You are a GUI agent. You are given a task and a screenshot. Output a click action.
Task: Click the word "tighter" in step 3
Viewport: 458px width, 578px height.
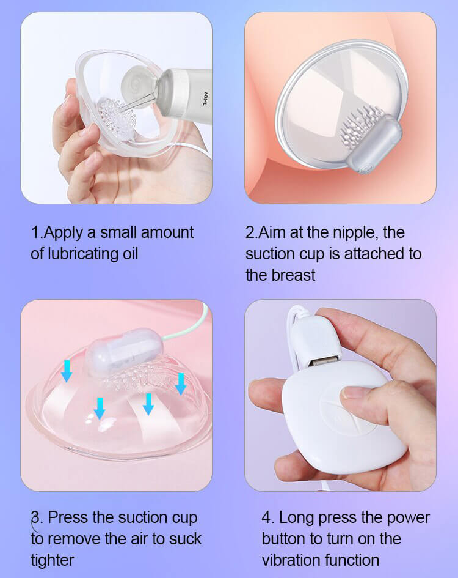click(x=53, y=560)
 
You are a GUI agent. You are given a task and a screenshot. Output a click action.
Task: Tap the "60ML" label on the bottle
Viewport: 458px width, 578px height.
click(x=205, y=99)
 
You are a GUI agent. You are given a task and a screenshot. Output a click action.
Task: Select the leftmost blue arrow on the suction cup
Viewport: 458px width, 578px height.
click(x=67, y=371)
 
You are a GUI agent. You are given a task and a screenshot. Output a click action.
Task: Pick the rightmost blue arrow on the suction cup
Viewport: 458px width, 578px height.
click(x=180, y=383)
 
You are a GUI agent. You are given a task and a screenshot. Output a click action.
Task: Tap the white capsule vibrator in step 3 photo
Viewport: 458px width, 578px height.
click(x=124, y=349)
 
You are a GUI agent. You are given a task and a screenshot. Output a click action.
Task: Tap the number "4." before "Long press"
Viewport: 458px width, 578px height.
click(x=267, y=518)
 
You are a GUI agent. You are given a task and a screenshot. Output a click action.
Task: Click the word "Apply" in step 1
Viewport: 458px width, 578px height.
click(x=63, y=233)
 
